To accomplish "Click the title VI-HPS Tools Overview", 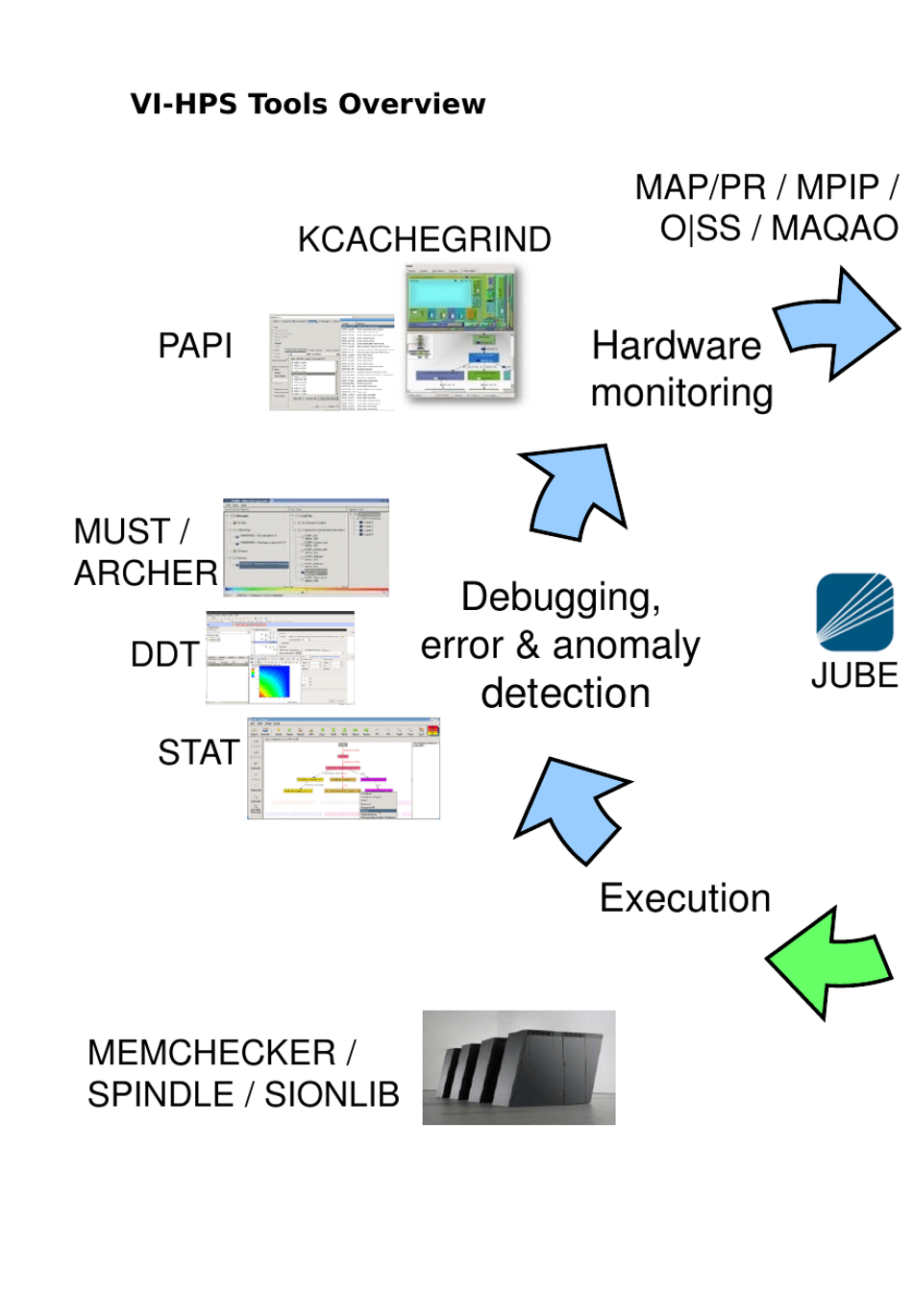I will point(308,104).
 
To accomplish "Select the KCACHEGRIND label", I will point(424,239).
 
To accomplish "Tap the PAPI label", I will point(195,345).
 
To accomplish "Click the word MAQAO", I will point(834,229).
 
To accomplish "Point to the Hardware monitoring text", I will point(680,369).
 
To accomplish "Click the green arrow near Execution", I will point(829,962).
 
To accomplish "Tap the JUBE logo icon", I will point(853,612).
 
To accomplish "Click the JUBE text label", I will point(853,675).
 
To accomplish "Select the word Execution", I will point(684,898).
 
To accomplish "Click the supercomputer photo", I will point(518,1067).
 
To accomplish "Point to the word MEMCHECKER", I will point(211,1053).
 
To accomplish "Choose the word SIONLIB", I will point(332,1094).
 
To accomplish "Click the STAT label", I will point(198,752).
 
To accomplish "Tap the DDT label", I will point(164,654).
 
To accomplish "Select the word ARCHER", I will point(145,573).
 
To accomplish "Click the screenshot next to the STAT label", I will point(343,768).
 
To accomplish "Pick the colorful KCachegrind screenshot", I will point(460,332).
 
